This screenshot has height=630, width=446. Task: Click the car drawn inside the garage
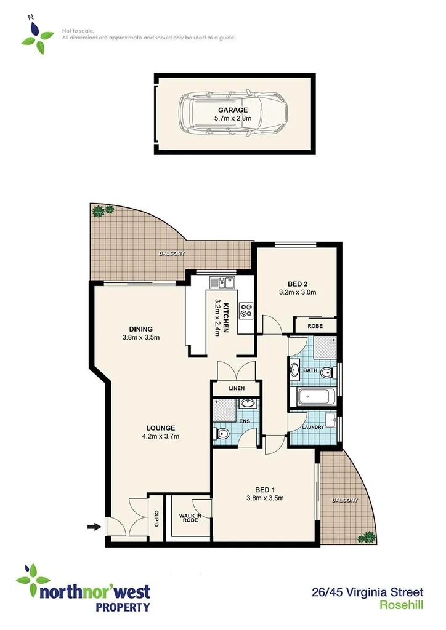(234, 114)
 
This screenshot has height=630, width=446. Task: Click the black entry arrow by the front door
(93, 527)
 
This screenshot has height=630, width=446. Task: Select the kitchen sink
(222, 282)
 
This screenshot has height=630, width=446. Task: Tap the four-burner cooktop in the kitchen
(246, 311)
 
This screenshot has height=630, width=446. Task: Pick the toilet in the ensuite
(222, 435)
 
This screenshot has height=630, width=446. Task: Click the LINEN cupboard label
(236, 389)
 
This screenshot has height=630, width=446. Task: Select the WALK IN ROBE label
(189, 519)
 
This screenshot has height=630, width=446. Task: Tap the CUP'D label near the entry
(156, 518)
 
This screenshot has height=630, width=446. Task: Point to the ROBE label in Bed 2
(315, 326)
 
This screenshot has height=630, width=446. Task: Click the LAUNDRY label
(314, 426)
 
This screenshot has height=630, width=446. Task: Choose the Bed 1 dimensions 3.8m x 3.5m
(265, 498)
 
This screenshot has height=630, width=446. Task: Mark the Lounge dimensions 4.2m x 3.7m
(161, 437)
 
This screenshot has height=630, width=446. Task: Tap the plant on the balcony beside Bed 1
(368, 536)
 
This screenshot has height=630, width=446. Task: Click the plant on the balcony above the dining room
(101, 210)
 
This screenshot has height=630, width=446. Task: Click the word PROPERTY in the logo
(122, 607)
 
